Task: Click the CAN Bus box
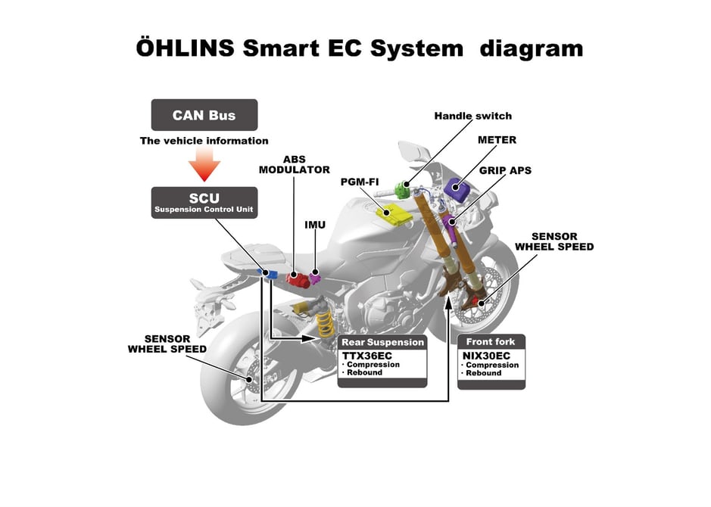(x=204, y=116)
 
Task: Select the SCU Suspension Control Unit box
(x=204, y=203)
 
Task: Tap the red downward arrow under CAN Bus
(x=204, y=164)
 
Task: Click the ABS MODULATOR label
(x=295, y=165)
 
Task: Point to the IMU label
(x=315, y=225)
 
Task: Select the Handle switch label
(x=472, y=116)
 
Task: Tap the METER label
(x=497, y=140)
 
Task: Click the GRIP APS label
(x=505, y=170)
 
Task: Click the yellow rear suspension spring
(x=326, y=324)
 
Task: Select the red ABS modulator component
(x=295, y=278)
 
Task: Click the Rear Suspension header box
(x=382, y=342)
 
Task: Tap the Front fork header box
(x=491, y=342)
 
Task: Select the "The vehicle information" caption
(x=204, y=141)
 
